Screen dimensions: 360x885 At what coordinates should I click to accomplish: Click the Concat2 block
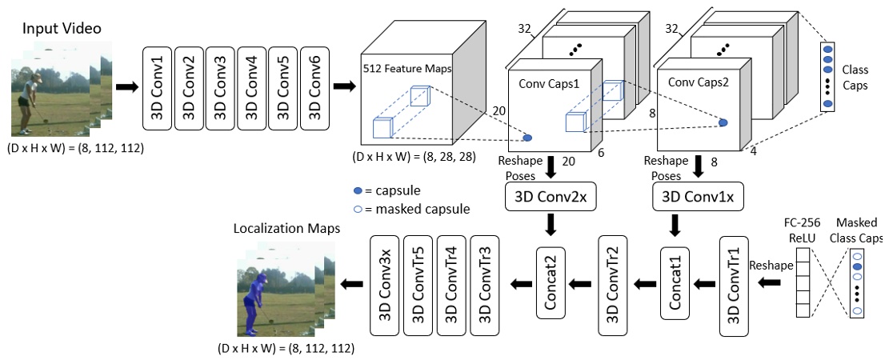point(551,284)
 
